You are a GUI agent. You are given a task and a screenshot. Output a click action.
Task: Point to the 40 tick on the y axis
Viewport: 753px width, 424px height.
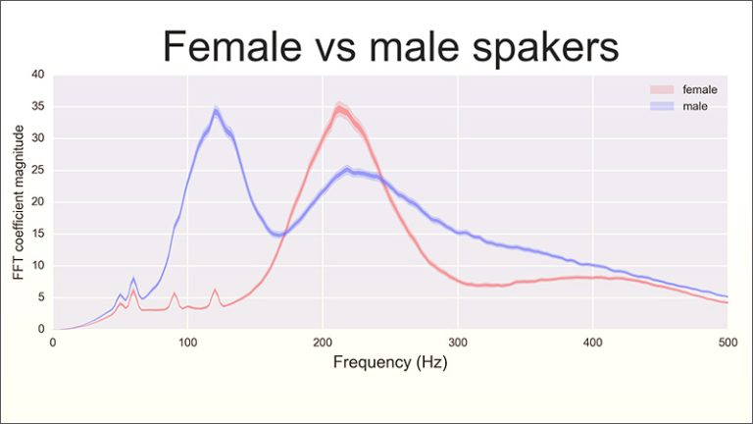tap(37, 75)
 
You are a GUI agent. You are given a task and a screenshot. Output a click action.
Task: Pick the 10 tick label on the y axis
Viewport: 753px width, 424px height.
tap(37, 266)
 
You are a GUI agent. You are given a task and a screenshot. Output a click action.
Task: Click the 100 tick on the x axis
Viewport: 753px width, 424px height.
tap(187, 344)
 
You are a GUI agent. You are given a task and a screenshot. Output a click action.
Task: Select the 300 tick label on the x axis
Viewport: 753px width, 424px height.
tap(457, 344)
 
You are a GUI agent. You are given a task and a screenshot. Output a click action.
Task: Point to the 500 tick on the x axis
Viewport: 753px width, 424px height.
tap(727, 344)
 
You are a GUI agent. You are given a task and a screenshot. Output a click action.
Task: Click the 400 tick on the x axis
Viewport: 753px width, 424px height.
tap(592, 344)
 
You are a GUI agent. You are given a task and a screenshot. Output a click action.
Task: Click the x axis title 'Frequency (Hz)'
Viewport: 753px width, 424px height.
tap(389, 362)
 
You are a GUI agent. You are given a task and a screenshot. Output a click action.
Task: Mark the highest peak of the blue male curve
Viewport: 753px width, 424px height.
tap(216, 110)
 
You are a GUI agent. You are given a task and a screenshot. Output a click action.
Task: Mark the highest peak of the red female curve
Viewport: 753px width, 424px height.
tap(339, 109)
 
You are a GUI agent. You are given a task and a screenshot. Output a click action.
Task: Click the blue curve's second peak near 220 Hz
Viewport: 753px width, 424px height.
tap(350, 171)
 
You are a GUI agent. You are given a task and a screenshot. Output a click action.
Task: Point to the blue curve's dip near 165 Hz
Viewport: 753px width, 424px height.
tap(277, 235)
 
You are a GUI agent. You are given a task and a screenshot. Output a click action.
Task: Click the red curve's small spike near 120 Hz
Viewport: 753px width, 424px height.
tap(215, 290)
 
